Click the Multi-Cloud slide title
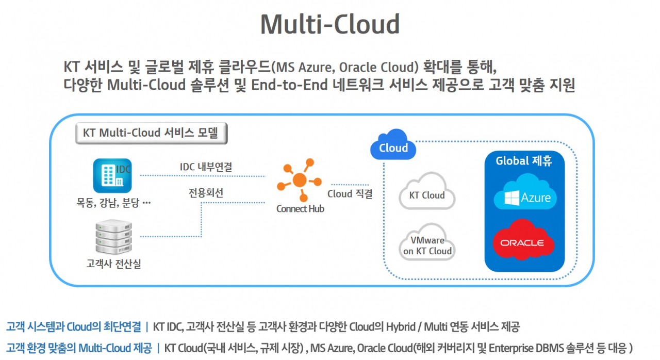329,24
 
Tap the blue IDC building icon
112,175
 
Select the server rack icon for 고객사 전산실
114,237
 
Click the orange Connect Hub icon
300,180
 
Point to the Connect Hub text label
300,209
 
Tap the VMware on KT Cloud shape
427,244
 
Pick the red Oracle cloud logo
523,241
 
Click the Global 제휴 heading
524,161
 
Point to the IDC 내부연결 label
205,167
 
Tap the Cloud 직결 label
350,194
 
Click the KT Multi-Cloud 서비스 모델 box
151,133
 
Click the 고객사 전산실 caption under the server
113,265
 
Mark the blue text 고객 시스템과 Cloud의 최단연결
73,326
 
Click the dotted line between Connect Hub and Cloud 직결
350,184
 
